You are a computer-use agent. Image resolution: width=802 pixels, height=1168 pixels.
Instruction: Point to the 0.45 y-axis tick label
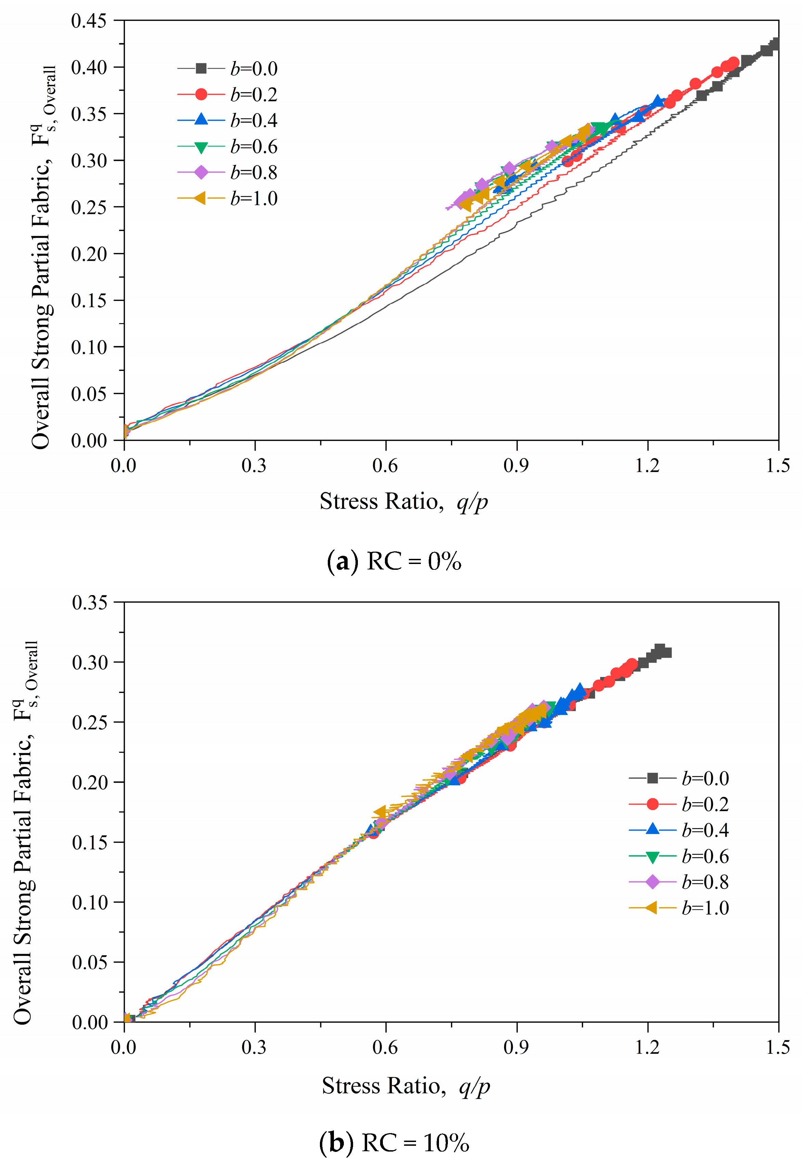click(89, 21)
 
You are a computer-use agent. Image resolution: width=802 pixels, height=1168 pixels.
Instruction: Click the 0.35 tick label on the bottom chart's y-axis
click(90, 602)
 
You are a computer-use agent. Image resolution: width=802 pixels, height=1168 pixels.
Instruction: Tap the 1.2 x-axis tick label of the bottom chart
click(647, 1048)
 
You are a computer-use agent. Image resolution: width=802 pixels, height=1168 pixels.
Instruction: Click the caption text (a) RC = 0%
click(394, 561)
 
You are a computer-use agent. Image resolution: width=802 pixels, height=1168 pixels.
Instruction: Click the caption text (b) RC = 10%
click(394, 1143)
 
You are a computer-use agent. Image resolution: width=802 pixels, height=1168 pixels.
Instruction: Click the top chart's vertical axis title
click(43, 256)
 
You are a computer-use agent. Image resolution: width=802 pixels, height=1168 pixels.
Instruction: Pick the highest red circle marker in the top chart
click(733, 62)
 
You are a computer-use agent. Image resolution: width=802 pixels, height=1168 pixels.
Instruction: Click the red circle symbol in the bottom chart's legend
click(652, 805)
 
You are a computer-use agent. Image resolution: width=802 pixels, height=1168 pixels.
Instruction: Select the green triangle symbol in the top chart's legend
click(201, 147)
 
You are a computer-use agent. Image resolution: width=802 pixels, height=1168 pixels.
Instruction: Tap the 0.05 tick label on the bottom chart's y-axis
click(90, 962)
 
